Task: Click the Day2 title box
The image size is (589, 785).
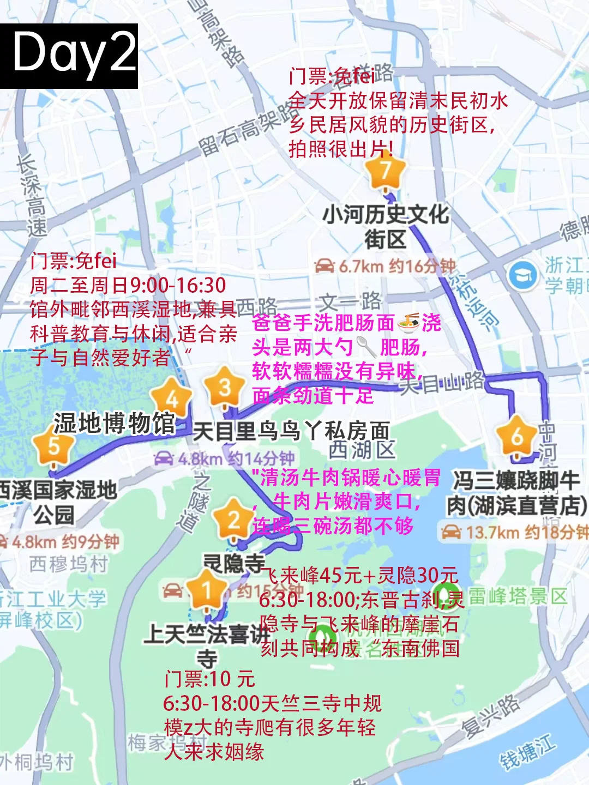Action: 69,56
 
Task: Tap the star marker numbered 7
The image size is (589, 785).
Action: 386,172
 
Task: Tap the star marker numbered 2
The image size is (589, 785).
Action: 233,520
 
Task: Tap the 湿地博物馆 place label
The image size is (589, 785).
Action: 115,424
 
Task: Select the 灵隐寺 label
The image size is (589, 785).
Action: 233,564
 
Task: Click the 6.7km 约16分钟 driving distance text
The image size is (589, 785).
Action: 385,266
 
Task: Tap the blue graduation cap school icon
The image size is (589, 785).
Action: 523,275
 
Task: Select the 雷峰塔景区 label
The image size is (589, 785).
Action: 518,596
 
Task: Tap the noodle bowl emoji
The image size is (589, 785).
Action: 408,323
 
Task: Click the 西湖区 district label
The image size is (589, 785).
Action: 362,450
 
